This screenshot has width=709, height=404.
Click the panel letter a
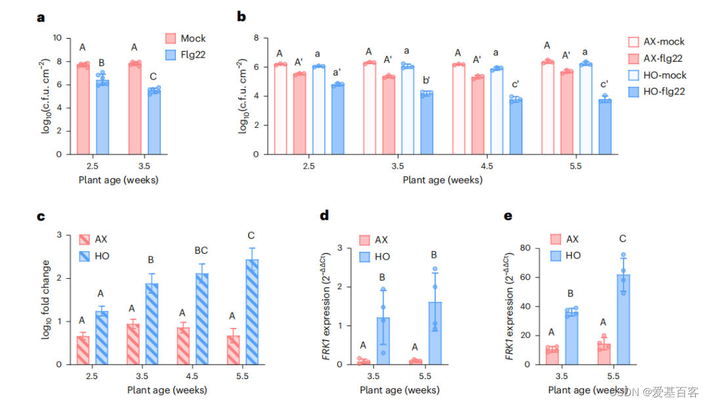tap(41, 18)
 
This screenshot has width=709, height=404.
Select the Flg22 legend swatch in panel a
tap(170, 54)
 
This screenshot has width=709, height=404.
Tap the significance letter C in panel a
tap(154, 75)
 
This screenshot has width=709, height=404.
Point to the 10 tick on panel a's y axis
tap(58, 38)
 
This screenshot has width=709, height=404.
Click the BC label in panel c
tap(202, 250)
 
